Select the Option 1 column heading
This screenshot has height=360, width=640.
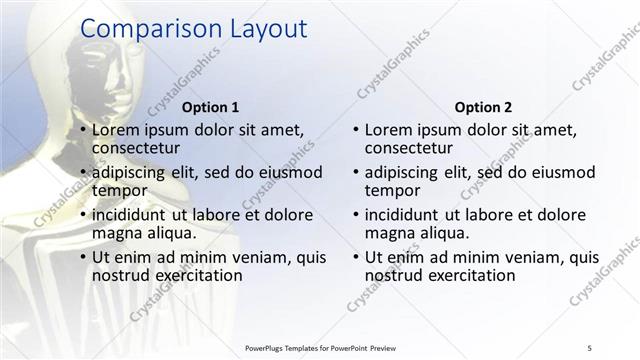pos(211,107)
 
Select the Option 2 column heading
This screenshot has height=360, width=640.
pos(483,107)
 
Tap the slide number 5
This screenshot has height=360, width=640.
pos(589,347)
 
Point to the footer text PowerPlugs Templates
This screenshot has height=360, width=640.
pos(290,347)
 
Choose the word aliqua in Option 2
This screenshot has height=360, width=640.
pos(441,233)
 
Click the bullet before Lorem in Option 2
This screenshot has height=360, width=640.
pos(356,131)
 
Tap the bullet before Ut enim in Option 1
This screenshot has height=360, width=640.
pos(84,258)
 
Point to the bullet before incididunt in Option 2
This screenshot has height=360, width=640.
pos(356,215)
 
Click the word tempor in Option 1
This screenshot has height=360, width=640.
pos(120,190)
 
